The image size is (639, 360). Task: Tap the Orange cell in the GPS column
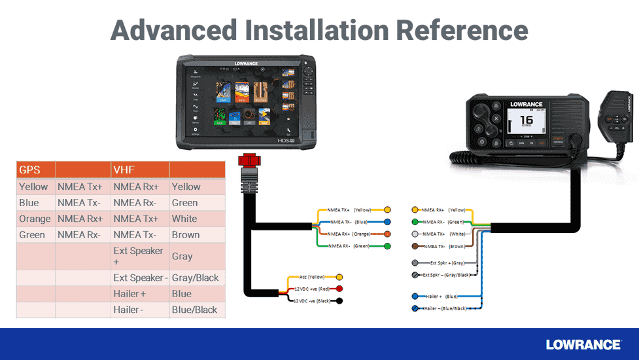tap(35, 219)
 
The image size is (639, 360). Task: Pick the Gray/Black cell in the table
tap(195, 278)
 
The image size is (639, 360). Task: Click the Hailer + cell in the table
tap(130, 294)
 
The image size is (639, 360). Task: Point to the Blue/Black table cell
tap(194, 310)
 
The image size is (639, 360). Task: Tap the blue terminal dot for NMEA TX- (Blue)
tap(387, 222)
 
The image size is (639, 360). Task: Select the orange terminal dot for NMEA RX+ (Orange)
tap(387, 234)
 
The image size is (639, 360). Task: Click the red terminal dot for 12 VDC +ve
tap(339, 289)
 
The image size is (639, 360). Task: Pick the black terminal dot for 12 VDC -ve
tap(339, 300)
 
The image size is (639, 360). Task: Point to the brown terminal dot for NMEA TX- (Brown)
tap(415, 246)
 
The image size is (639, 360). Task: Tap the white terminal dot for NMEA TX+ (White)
tap(415, 234)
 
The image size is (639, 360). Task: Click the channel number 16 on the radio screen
tap(525, 120)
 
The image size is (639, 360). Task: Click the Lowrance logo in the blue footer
tap(583, 344)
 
